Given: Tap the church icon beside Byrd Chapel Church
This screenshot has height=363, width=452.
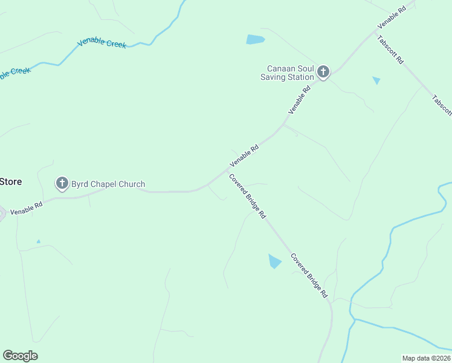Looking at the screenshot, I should tap(62, 183).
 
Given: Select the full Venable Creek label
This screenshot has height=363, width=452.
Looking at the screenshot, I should tap(102, 42).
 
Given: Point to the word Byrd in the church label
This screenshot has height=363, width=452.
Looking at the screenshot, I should tap(81, 184).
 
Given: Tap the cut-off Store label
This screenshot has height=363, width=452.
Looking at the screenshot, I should tap(11, 181).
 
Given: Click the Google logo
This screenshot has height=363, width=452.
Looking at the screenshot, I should tap(20, 355).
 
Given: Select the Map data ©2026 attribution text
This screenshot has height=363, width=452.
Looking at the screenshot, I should tap(426, 358).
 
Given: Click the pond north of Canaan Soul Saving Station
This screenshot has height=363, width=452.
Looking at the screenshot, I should tap(255, 40).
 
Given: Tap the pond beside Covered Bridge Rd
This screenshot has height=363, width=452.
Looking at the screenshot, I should tap(274, 261).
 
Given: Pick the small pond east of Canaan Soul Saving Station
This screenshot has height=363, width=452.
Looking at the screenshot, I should tap(376, 80).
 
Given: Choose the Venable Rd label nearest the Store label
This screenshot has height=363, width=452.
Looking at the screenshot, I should tap(27, 208).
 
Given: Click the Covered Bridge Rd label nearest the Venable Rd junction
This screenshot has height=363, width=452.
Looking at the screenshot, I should tap(247, 196).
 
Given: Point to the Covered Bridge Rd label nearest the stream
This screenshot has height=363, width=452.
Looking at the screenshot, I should tap(309, 275).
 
